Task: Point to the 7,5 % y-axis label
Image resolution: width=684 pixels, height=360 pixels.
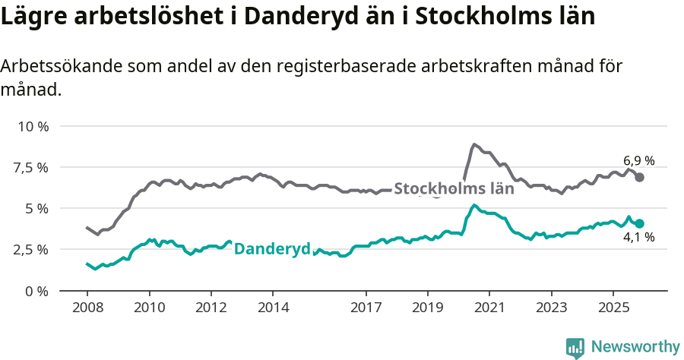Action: tap(30, 167)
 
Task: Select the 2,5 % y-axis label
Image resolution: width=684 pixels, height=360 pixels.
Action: tap(30, 249)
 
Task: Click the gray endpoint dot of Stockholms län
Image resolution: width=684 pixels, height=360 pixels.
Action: tap(640, 177)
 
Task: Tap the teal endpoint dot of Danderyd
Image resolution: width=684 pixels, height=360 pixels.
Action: tap(640, 223)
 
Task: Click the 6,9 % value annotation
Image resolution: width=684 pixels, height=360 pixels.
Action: tap(638, 160)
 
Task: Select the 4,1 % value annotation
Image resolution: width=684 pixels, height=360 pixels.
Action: tap(638, 238)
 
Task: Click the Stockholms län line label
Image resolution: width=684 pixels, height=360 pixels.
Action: tap(454, 189)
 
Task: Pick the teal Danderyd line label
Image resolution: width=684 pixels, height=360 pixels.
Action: tap(272, 248)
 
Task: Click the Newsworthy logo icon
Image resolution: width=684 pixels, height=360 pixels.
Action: tap(575, 348)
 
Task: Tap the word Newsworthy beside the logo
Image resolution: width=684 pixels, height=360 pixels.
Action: tap(635, 347)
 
